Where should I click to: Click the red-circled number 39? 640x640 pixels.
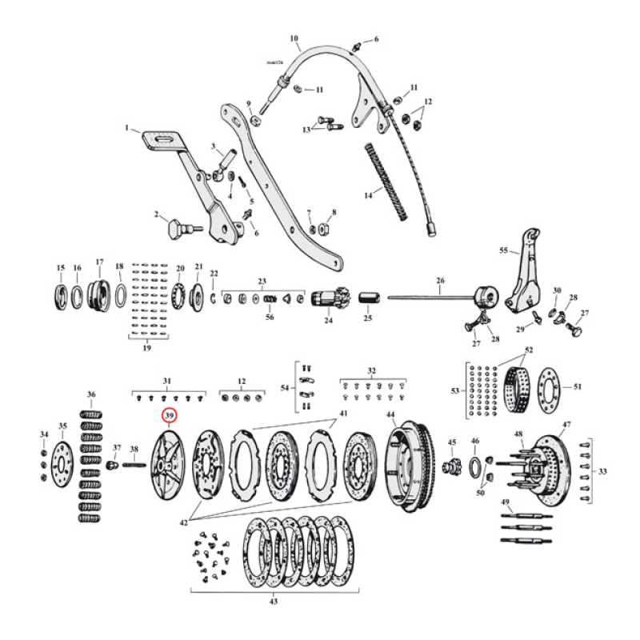169,416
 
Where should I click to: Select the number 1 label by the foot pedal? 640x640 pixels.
126,127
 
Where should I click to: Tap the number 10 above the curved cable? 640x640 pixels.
294,38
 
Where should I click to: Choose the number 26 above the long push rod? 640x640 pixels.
439,280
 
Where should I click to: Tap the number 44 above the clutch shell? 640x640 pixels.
390,414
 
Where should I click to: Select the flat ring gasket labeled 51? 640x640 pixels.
551,388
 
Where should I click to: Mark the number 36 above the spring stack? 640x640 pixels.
91,394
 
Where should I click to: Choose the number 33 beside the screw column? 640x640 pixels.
602,471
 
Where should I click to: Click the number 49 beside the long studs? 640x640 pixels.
505,502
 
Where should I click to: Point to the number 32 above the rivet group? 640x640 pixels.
371,371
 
